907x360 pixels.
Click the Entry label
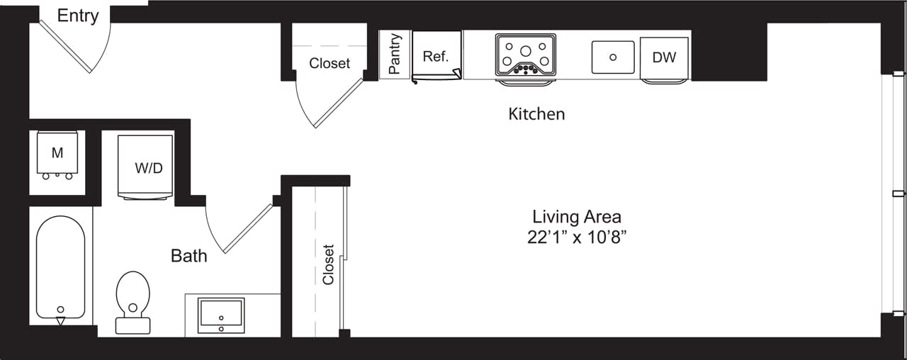(77, 16)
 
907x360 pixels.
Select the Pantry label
(395, 54)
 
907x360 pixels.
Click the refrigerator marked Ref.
(436, 57)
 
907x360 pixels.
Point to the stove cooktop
(525, 54)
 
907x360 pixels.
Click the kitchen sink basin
(613, 57)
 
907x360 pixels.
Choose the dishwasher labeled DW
(664, 57)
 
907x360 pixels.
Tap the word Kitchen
(536, 113)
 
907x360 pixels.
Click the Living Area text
(576, 216)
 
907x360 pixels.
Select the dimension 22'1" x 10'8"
(576, 237)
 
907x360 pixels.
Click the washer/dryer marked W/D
(149, 168)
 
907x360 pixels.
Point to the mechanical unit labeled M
(57, 152)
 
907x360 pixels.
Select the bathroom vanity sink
(222, 315)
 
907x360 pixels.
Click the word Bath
(189, 255)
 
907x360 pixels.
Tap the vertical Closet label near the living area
(328, 264)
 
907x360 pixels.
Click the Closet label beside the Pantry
(329, 63)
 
